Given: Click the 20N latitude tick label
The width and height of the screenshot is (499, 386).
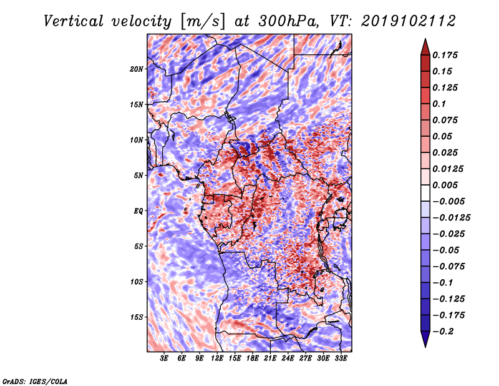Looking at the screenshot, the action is pyautogui.click(x=137, y=69).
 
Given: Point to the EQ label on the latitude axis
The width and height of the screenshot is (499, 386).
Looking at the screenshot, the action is pyautogui.click(x=138, y=210).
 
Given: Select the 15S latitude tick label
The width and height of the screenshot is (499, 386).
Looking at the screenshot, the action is pyautogui.click(x=137, y=317).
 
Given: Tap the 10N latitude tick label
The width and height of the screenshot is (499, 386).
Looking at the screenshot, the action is pyautogui.click(x=137, y=140).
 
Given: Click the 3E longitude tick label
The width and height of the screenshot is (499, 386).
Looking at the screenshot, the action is pyautogui.click(x=164, y=359).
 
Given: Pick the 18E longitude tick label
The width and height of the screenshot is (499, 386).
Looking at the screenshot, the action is pyautogui.click(x=253, y=359).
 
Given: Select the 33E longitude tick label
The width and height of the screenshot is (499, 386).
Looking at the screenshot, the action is pyautogui.click(x=341, y=359).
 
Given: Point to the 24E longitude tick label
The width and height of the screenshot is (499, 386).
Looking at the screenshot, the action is pyautogui.click(x=288, y=359).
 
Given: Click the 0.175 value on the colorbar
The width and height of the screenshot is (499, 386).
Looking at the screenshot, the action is pyautogui.click(x=445, y=55).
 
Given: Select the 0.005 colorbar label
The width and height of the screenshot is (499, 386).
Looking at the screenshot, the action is pyautogui.click(x=445, y=185).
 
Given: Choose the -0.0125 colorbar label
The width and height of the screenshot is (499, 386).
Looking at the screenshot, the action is pyautogui.click(x=451, y=218).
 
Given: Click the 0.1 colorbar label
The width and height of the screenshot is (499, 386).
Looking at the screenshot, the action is pyautogui.click(x=439, y=104).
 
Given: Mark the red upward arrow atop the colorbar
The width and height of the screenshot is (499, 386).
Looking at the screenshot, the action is pyautogui.click(x=425, y=47).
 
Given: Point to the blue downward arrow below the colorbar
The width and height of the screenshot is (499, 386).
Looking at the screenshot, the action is pyautogui.click(x=425, y=339).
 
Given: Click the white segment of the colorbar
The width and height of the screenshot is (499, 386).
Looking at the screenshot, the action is pyautogui.click(x=425, y=193).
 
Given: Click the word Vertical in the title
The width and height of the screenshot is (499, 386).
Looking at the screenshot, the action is pyautogui.click(x=74, y=21).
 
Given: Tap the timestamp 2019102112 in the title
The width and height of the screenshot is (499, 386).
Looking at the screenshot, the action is pyautogui.click(x=409, y=21).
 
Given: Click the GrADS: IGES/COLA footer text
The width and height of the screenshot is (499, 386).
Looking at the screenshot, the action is pyautogui.click(x=35, y=381).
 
